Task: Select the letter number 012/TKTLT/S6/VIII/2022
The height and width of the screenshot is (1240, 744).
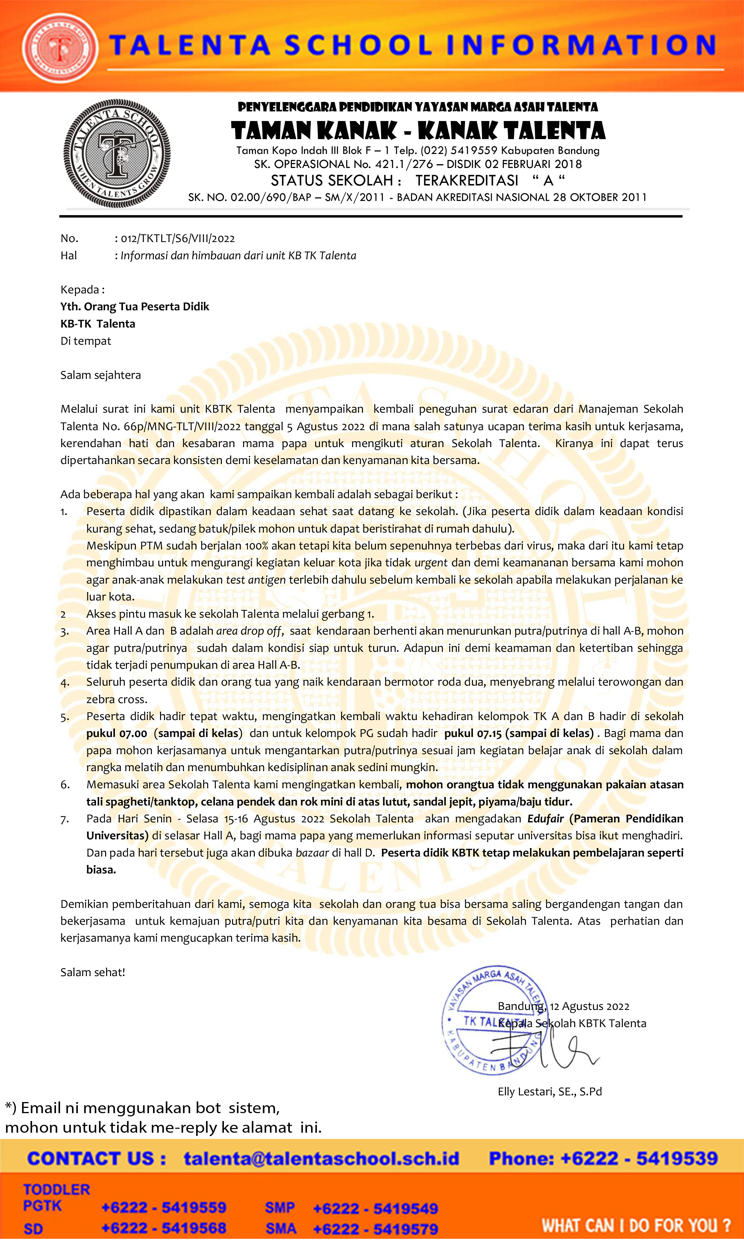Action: (178, 239)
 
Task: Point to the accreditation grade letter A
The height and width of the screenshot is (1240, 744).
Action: (548, 181)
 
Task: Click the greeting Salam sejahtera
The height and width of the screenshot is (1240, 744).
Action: (100, 375)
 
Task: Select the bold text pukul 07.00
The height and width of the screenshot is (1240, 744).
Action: (116, 733)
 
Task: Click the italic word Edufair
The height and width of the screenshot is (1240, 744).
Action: (545, 819)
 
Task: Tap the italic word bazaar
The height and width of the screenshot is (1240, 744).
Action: (312, 853)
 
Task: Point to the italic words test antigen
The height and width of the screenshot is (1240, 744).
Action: (256, 580)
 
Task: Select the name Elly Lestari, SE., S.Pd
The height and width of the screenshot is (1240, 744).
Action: (550, 1092)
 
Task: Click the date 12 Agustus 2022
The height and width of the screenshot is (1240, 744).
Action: (589, 1006)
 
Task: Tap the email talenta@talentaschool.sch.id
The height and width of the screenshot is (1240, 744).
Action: (321, 1159)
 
